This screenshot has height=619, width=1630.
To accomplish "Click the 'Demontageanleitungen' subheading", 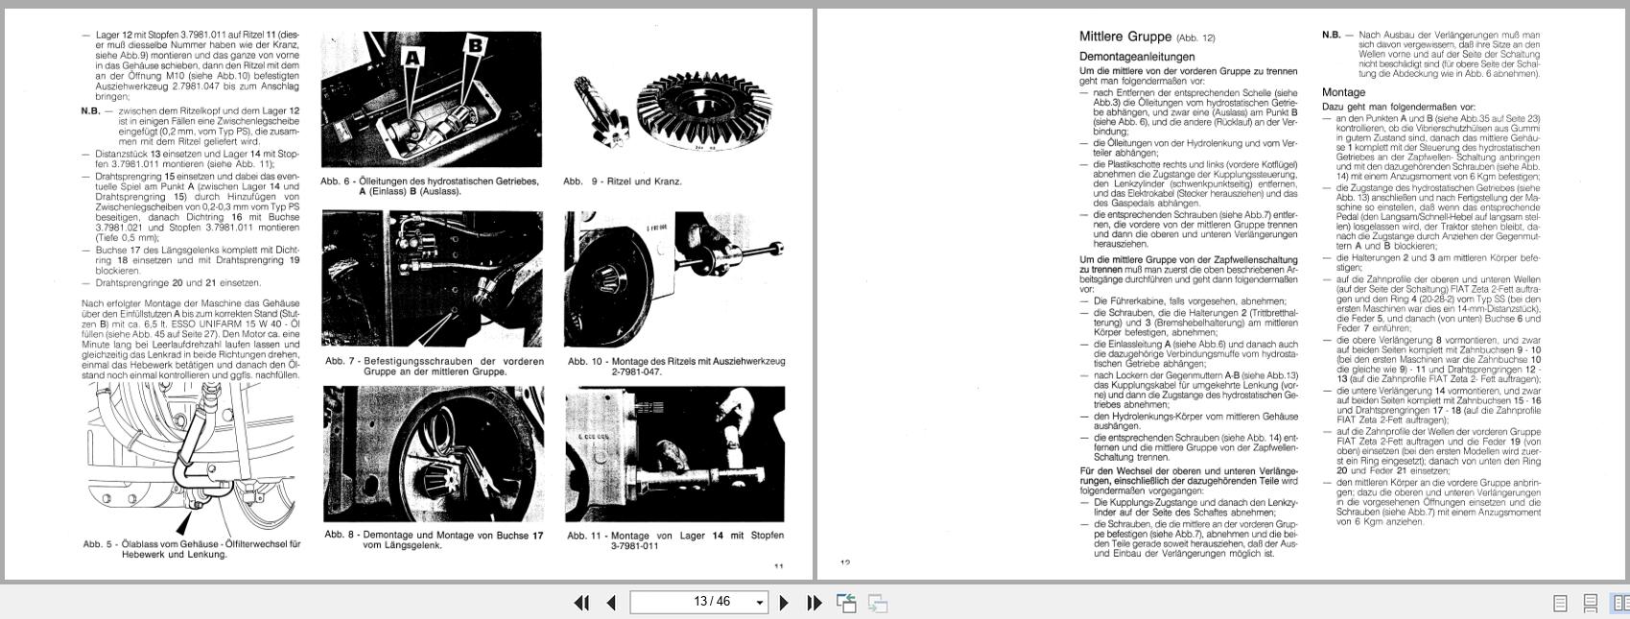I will pyautogui.click(x=1137, y=57).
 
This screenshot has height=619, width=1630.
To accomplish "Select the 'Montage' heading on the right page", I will pyautogui.click(x=1343, y=92).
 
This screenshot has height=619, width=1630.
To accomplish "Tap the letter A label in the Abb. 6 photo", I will pyautogui.click(x=413, y=59).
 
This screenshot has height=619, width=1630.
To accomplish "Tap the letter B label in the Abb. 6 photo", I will pyautogui.click(x=474, y=45).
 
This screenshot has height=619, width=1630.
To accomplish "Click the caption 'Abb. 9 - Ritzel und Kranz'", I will pyautogui.click(x=623, y=181).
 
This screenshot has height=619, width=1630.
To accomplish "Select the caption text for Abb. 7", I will pyautogui.click(x=434, y=366).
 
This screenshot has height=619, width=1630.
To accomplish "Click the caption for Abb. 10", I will pyautogui.click(x=675, y=366).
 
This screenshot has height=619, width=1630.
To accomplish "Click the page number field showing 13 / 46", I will pyautogui.click(x=698, y=603).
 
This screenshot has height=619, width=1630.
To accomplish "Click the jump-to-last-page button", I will pyautogui.click(x=815, y=603).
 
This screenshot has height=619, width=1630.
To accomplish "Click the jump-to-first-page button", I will pyautogui.click(x=581, y=603).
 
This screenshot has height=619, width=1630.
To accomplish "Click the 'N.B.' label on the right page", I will pyautogui.click(x=1331, y=35).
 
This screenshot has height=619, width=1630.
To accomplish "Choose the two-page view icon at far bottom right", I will pyautogui.click(x=1620, y=604).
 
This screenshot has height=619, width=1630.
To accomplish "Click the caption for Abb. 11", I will pyautogui.click(x=675, y=540).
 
